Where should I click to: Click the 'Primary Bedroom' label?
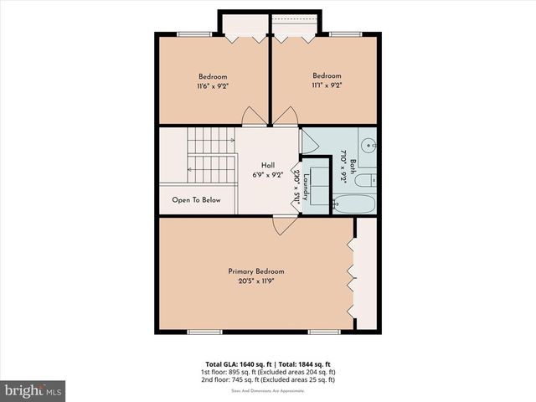tap(256, 271)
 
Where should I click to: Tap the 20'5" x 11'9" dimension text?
tap(256, 281)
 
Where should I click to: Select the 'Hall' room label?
tap(267, 165)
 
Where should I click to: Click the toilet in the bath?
tap(364, 178)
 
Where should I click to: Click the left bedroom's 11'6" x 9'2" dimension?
tap(212, 85)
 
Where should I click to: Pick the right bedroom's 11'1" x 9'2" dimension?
tap(327, 85)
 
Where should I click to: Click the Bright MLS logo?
tap(33, 389)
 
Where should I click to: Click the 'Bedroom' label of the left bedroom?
tap(212, 76)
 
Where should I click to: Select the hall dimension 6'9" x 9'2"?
tap(267, 175)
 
